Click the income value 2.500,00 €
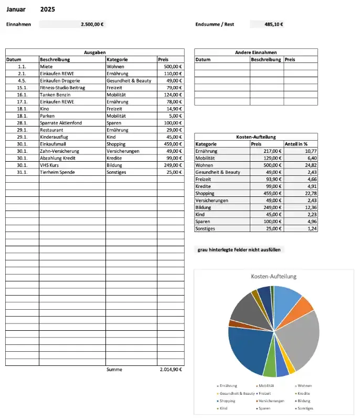coord(92,24)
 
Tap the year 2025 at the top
coord(47,9)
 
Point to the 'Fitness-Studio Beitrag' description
coord(62,88)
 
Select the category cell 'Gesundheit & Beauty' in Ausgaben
coord(129,81)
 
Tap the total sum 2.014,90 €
coord(171,370)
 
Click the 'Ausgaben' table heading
coord(95,52)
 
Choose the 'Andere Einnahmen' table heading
coord(256,52)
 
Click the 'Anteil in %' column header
coord(296,144)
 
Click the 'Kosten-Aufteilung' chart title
coord(274,276)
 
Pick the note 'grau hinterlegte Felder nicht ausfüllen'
coord(239,250)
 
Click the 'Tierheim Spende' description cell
coord(57,172)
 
